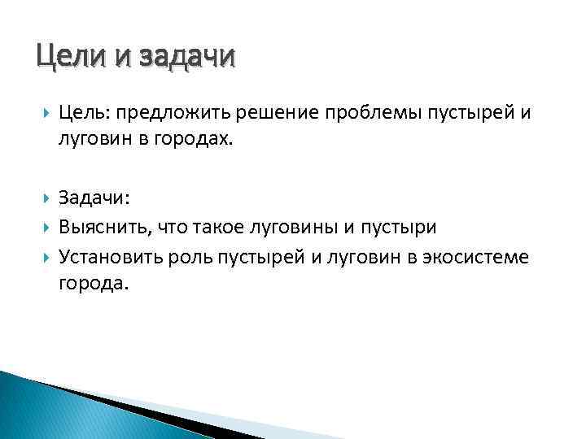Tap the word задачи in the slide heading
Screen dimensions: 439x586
click(187, 58)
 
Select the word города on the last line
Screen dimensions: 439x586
click(93, 285)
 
